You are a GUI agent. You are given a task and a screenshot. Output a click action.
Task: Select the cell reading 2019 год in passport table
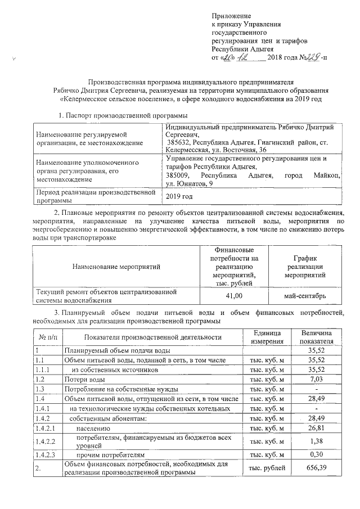[x=179, y=196]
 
